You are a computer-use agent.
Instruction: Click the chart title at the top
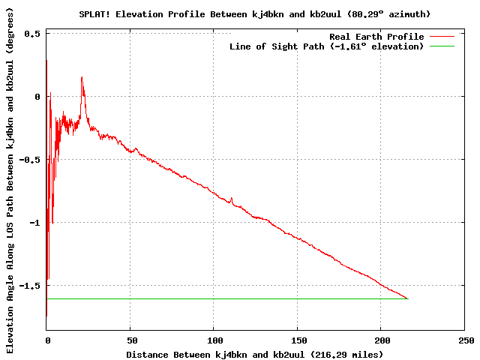tap(255, 14)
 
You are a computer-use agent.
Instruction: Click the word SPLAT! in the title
tap(94, 14)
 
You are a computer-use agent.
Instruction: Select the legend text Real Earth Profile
tap(376, 37)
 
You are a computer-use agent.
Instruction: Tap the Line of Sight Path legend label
tap(326, 46)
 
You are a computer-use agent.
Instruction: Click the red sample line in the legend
tap(442, 37)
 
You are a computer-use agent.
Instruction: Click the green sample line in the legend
tap(442, 46)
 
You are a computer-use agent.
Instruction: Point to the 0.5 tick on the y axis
tap(32, 34)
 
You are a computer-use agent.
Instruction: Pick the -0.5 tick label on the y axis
tap(29, 160)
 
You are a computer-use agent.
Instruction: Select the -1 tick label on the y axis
tap(34, 223)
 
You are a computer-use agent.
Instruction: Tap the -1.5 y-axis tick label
tap(29, 286)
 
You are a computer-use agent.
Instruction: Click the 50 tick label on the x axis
tap(130, 340)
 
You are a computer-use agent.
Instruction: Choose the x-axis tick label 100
tap(214, 340)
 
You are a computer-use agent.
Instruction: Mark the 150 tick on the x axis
tap(298, 340)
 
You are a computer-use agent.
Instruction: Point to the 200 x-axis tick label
tap(381, 340)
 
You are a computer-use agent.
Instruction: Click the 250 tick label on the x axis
tap(465, 340)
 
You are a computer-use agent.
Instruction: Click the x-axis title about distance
tap(254, 354)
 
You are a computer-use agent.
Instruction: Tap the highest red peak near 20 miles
tap(82, 77)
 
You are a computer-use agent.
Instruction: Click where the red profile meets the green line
tap(407, 298)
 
